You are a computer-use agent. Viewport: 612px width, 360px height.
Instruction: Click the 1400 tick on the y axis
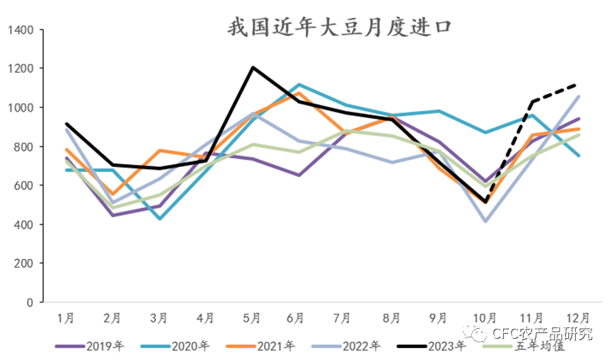(x=22, y=30)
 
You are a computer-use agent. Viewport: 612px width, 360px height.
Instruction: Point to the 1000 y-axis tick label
(x=22, y=108)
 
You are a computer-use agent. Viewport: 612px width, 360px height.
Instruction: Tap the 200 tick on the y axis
(x=25, y=264)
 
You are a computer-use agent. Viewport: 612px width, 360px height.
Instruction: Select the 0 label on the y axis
(x=30, y=303)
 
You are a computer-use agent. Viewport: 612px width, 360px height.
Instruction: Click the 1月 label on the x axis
(x=66, y=318)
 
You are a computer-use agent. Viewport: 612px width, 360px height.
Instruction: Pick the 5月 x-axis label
(x=252, y=318)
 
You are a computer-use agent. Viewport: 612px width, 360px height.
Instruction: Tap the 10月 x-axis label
(x=485, y=318)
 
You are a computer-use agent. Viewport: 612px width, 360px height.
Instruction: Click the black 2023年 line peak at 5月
(x=252, y=68)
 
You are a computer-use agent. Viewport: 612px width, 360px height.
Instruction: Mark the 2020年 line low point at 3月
(x=159, y=219)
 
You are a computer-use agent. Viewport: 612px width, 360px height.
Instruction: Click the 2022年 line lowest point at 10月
(x=485, y=221)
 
